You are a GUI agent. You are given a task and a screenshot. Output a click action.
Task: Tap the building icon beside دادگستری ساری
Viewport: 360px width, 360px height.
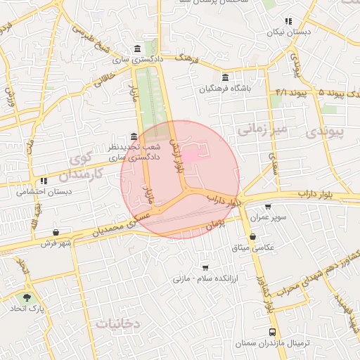tap(136, 49)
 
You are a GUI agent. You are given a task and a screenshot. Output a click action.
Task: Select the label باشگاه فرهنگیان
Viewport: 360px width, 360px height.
tap(224, 89)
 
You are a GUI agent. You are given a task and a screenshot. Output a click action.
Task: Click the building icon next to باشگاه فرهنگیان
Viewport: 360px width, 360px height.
tap(224, 77)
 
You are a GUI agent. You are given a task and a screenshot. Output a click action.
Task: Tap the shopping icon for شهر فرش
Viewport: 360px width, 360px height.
tap(56, 233)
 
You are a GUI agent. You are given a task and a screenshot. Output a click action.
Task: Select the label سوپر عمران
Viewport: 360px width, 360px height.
tap(267, 218)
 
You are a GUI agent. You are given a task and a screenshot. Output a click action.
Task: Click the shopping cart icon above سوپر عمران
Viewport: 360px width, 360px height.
tap(267, 207)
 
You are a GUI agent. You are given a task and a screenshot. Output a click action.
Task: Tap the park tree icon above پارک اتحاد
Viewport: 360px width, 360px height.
tap(27, 298)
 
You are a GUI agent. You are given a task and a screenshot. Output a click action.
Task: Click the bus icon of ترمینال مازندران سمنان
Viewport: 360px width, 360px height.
tap(272, 332)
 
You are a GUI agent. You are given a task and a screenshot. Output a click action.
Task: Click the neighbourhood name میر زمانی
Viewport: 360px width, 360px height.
tap(262, 130)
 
